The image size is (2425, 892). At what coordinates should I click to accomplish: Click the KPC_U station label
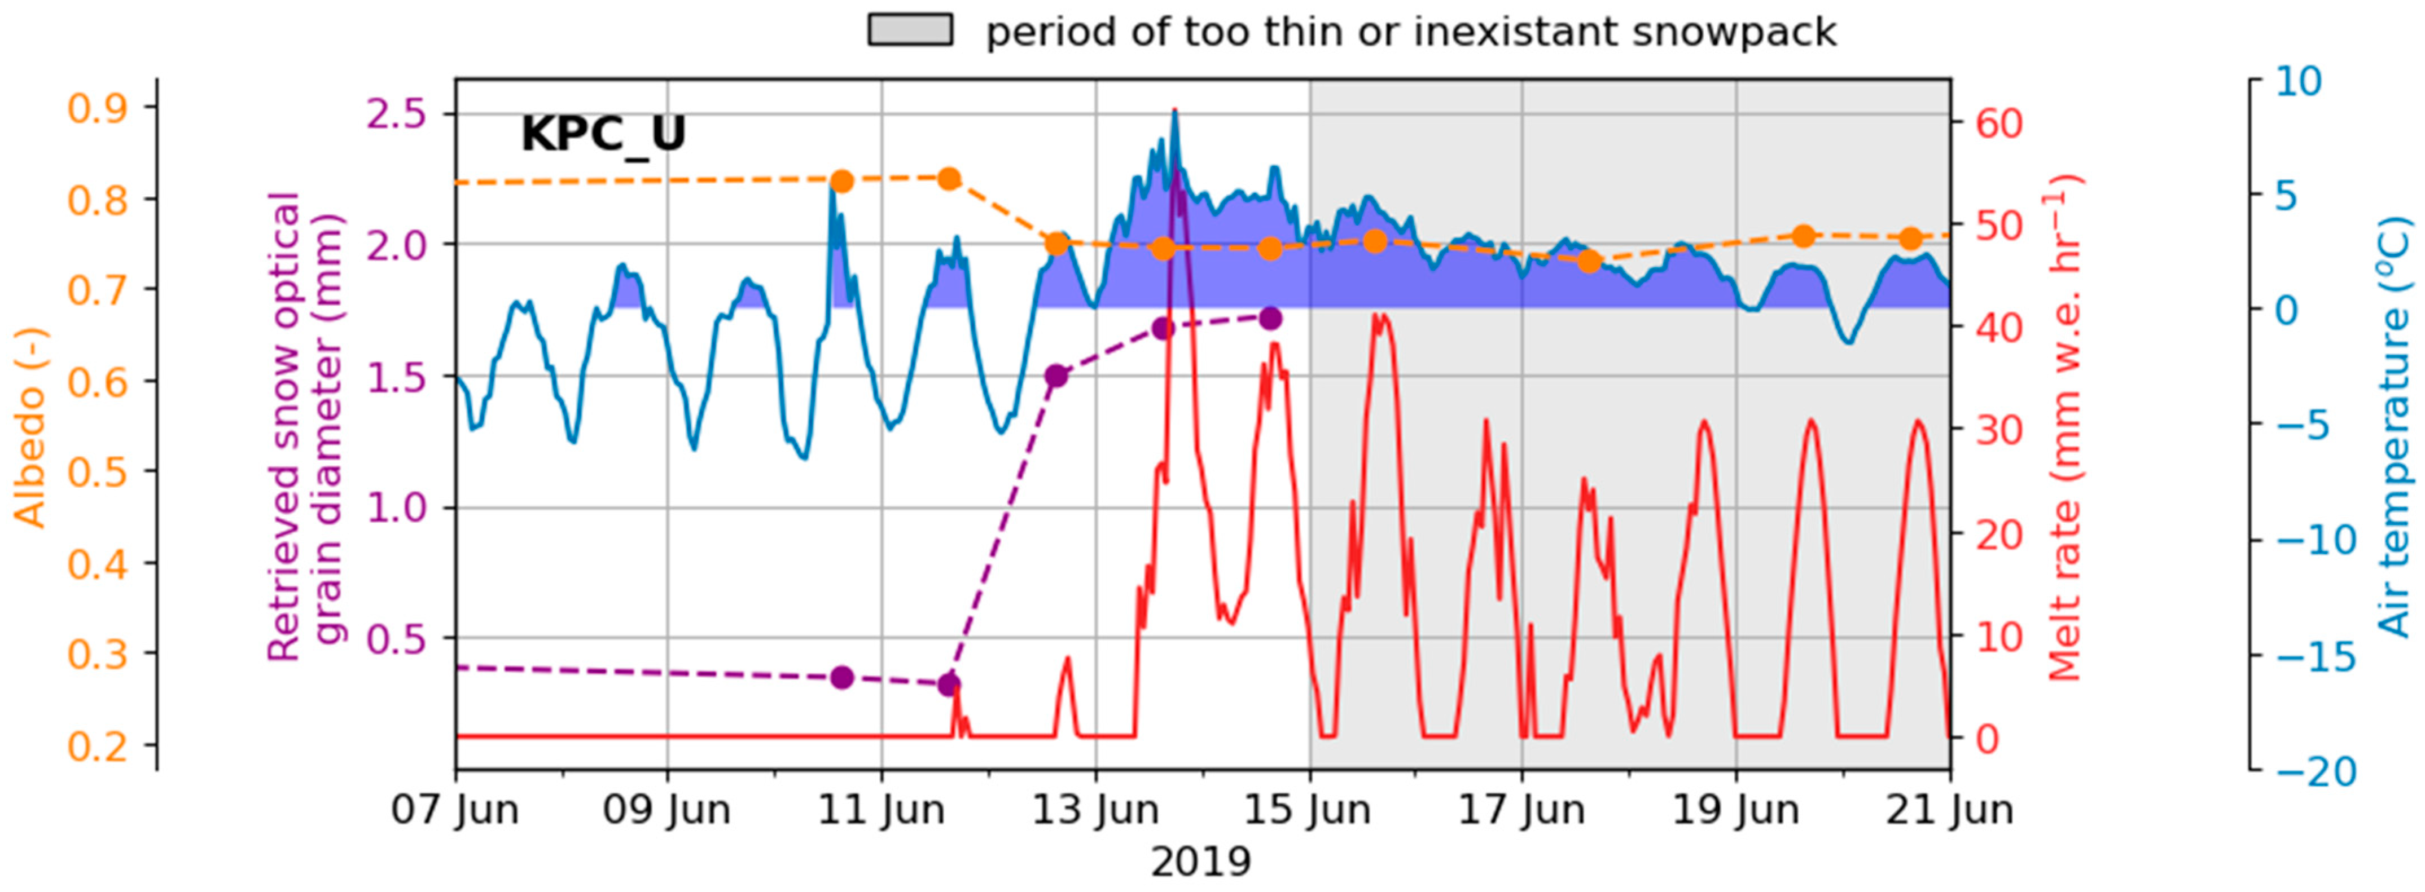coord(603,135)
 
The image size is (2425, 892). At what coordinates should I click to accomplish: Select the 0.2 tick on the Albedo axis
coord(98,745)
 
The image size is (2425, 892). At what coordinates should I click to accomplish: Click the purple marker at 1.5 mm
coord(1056,377)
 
